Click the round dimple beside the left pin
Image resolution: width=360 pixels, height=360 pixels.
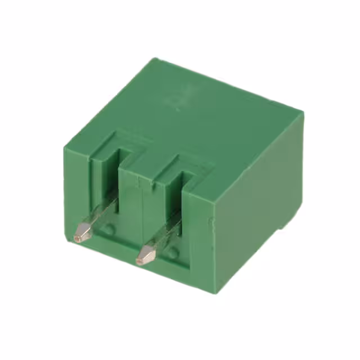[x=110, y=229]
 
